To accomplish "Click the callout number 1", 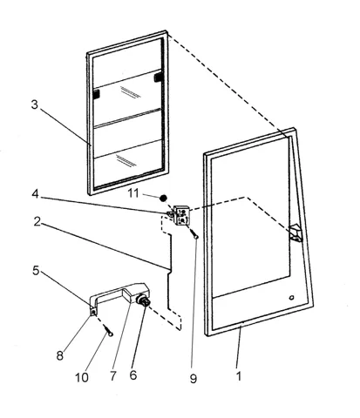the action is [239, 376].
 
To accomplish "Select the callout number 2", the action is [37, 222].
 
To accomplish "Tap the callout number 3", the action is [35, 104].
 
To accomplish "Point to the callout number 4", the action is [35, 194].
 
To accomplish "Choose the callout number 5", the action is [36, 271].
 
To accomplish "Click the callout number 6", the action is [132, 375].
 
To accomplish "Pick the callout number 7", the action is [113, 376].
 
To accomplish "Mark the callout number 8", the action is [60, 355].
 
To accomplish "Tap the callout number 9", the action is [194, 378].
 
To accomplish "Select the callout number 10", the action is [82, 378].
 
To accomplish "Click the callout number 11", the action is [133, 193].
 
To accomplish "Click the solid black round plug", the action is [164, 199].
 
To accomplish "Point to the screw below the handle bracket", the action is [107, 331].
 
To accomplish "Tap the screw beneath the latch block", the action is [194, 233].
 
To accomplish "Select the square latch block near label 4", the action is [181, 215].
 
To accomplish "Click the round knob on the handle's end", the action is [144, 300].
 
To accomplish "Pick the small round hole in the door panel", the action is [291, 298].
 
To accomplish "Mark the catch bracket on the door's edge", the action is [295, 233].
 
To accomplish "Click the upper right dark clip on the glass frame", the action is [159, 77].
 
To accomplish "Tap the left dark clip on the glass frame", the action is [96, 94].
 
